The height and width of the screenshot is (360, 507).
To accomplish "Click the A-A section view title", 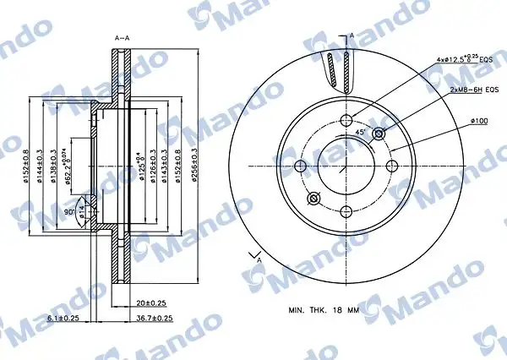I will pos(122,38).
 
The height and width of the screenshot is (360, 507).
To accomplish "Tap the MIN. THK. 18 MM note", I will pos(324,310).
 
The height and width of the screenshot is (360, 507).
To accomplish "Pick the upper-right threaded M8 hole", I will pos(378,133).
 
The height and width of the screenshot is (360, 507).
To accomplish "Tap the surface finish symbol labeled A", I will pos(252,254).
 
